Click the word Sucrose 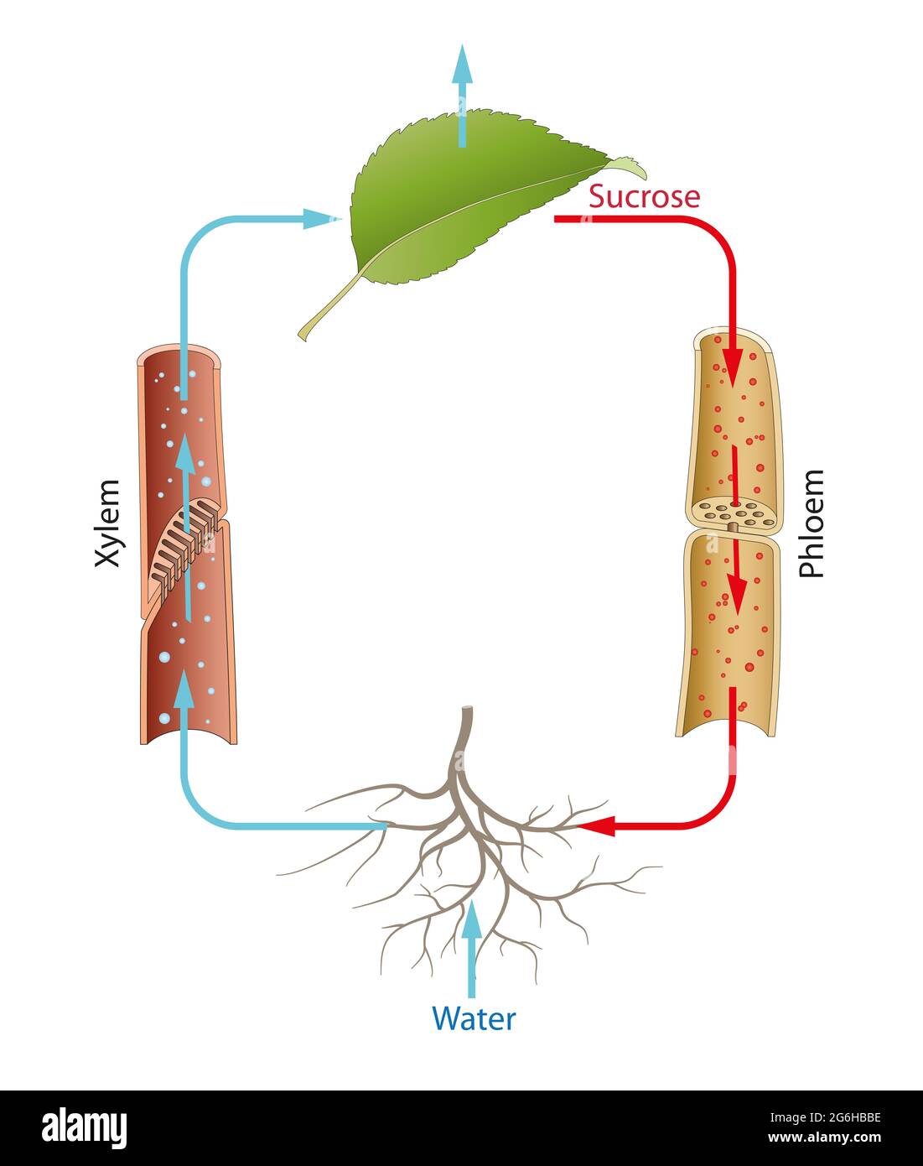click(x=643, y=196)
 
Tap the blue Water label click(x=474, y=1018)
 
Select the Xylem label click(x=107, y=523)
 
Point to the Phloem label click(x=811, y=523)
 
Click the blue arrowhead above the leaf click(x=462, y=64)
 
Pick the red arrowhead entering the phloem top click(x=733, y=369)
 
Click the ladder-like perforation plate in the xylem click(x=186, y=544)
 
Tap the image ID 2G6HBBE click(x=853, y=1117)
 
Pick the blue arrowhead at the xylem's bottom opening click(x=184, y=690)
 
